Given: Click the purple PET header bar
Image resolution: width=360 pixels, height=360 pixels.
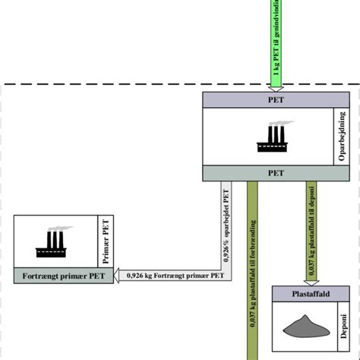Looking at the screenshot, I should (x=276, y=99).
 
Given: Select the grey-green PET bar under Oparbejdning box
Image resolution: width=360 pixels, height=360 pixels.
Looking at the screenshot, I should (x=276, y=172).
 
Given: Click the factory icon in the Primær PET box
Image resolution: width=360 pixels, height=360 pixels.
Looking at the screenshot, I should (x=54, y=242).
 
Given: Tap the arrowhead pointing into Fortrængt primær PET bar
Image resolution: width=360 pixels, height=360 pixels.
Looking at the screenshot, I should (x=119, y=276).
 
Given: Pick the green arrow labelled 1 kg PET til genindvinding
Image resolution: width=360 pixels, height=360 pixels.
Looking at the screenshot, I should (x=276, y=38).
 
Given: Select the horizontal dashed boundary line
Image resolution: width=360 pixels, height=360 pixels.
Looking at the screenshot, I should (x=114, y=84).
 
